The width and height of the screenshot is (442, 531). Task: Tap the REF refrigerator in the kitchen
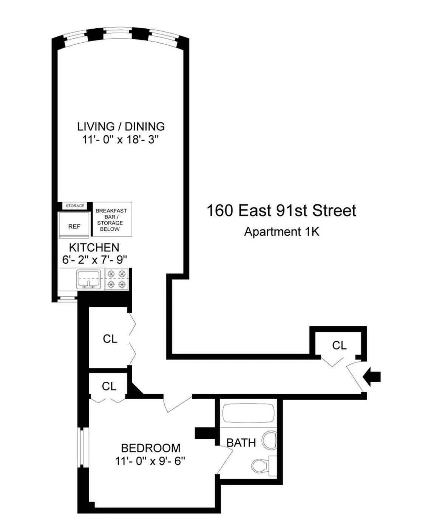(74, 226)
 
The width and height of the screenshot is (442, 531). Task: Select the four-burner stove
(117, 279)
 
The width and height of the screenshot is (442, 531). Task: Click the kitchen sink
(89, 279)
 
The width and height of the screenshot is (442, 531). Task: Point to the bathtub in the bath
(249, 414)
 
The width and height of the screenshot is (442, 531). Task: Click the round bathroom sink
(270, 439)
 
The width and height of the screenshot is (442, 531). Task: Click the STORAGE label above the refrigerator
(75, 206)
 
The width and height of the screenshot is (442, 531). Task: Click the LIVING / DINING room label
(121, 126)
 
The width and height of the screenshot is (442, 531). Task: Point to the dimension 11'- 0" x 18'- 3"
(121, 139)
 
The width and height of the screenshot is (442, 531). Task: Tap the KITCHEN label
(94, 248)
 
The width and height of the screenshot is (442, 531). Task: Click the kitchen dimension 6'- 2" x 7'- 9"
(94, 260)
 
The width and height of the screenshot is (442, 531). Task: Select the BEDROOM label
(150, 448)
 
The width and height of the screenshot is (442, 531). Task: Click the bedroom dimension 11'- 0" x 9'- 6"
(150, 461)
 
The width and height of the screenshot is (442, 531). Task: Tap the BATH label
(241, 442)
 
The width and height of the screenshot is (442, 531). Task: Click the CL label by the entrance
(339, 345)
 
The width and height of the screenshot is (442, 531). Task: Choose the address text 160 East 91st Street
(281, 211)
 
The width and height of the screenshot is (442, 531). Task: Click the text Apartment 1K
(281, 231)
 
